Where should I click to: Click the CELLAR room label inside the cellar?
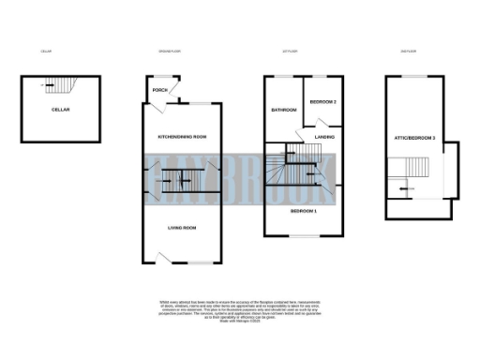point(61,110)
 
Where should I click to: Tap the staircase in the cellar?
point(60,87)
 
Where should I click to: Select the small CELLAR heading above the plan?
point(46,51)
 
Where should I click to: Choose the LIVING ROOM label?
point(182,228)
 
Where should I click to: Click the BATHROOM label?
point(283,111)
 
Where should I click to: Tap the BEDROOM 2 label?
point(323,100)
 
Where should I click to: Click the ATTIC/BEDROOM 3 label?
point(417,139)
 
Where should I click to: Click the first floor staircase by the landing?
point(291,169)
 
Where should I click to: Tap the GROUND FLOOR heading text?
point(169,51)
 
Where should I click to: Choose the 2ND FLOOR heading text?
point(409,51)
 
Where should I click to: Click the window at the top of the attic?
point(416,75)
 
